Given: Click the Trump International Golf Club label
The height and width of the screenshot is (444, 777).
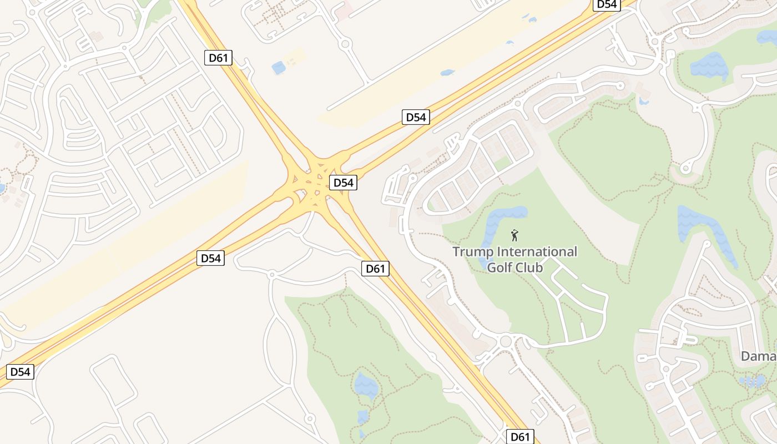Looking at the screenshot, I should (x=514, y=259).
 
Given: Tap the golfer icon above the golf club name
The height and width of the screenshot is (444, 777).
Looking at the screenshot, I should (x=514, y=235).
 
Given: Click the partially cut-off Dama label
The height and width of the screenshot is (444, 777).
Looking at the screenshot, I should (x=759, y=356).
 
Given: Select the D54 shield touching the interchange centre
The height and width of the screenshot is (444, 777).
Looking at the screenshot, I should (x=342, y=183).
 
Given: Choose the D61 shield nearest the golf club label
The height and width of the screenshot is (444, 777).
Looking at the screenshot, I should (x=376, y=269).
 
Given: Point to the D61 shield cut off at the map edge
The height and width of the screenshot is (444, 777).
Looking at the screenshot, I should (x=520, y=436).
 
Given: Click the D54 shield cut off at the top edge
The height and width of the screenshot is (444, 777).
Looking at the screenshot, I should (x=606, y=4).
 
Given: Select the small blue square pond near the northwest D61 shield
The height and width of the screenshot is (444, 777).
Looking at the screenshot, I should (x=278, y=68).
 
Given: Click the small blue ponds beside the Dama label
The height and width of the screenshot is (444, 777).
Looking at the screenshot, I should (x=752, y=381).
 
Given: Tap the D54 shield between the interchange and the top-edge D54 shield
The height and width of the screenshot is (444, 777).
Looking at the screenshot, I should (x=416, y=117).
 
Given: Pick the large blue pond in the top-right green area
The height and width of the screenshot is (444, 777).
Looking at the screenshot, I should (x=709, y=66).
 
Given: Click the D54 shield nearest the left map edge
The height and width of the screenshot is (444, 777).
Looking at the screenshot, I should (x=21, y=372).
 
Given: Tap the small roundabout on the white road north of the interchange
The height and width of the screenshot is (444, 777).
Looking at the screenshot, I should (x=345, y=43).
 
